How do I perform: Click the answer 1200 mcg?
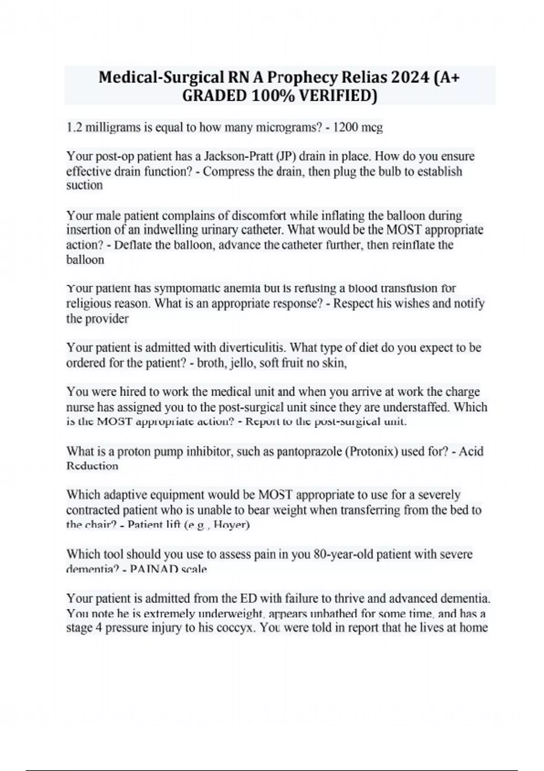click(358, 128)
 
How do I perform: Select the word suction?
click(84, 185)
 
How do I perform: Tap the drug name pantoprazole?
click(309, 452)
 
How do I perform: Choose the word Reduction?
click(92, 466)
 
